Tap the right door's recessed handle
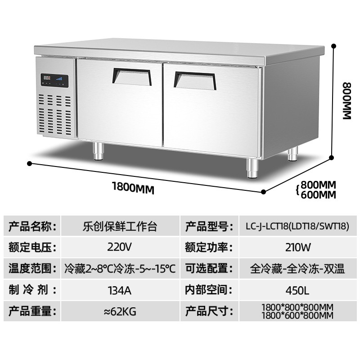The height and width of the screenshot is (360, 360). point(195,79)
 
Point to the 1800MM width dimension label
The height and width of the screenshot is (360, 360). point(133,188)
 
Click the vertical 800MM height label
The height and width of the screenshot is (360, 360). point(346,100)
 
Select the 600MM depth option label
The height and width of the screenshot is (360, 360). point(319,195)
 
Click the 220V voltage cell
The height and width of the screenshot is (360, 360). point(120,247)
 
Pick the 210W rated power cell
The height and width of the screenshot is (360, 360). point(299,247)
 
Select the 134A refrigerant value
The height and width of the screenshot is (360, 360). point(120,290)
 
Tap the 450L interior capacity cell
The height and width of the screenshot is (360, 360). point(299,290)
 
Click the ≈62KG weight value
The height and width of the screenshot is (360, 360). point(120,311)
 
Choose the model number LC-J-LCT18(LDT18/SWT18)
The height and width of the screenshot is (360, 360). point(299,226)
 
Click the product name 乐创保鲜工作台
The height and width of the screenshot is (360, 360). point(120,226)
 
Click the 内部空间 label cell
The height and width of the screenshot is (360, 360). point(208,290)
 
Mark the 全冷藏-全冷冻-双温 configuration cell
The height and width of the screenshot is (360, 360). point(299,269)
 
